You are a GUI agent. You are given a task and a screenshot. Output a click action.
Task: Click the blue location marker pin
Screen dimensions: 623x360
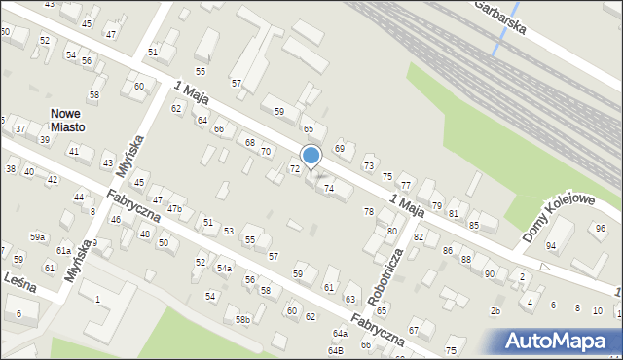coord(311,157)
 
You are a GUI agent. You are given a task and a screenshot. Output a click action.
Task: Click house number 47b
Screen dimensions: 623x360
coord(174,208)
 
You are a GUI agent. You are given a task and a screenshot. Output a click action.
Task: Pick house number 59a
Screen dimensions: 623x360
coord(37,236)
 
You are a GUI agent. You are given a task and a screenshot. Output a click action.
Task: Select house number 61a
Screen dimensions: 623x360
coord(63,250)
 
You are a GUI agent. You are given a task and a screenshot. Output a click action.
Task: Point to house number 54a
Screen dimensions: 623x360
coord(224,268)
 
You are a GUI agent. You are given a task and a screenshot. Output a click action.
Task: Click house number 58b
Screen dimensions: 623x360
coord(242,319)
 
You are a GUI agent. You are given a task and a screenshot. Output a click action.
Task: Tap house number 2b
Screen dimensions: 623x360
coord(495,310)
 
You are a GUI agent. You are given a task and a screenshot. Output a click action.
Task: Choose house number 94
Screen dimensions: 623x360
coord(551,245)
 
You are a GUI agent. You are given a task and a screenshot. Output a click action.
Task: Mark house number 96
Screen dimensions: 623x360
coord(600,228)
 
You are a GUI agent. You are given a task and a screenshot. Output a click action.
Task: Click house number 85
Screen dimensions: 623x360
coord(474,226)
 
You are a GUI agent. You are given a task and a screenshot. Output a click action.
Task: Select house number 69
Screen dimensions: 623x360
coord(340,148)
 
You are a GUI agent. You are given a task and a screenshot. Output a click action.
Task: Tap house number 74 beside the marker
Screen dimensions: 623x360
coord(329,188)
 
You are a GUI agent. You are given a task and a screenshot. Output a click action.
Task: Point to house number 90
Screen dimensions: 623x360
coord(489,273)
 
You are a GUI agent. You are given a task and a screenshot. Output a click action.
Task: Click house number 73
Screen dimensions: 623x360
coord(369,166)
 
